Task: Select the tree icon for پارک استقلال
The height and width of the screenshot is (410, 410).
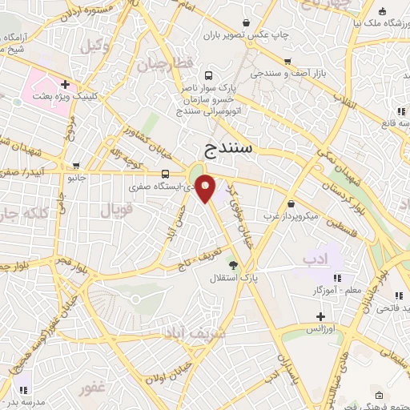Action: pyautogui.click(x=233, y=264)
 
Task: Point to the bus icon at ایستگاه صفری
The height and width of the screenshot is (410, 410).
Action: pyautogui.click(x=165, y=174)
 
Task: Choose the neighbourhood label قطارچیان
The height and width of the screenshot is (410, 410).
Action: pyautogui.click(x=166, y=63)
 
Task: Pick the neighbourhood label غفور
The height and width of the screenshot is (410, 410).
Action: pyautogui.click(x=92, y=387)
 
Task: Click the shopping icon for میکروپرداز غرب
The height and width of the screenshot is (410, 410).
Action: pyautogui.click(x=291, y=203)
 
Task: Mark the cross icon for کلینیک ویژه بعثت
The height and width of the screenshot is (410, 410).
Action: pyautogui.click(x=65, y=83)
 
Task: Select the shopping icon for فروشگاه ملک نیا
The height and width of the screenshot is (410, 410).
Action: pyautogui.click(x=383, y=10)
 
